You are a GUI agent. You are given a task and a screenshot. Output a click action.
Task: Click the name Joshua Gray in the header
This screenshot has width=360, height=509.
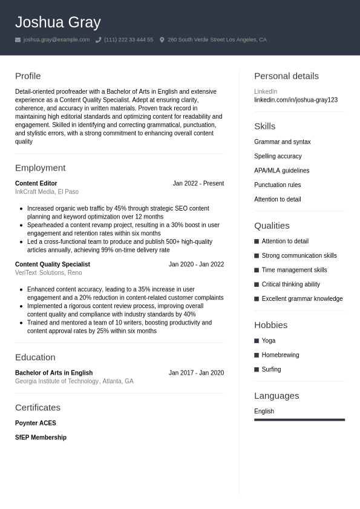(x=57, y=22)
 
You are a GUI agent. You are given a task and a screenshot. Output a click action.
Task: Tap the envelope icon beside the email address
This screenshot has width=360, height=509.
(x=18, y=40)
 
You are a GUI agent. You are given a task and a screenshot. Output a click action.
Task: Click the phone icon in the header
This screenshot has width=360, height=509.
(x=98, y=40)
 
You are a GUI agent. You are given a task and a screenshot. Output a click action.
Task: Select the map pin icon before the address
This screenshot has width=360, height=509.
(x=162, y=40)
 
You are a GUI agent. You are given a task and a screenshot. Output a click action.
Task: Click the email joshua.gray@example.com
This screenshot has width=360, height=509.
(x=56, y=40)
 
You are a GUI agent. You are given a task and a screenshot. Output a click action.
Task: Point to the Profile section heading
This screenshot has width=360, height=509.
(x=28, y=76)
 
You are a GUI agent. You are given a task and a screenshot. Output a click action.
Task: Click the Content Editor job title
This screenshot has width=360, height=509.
(x=36, y=183)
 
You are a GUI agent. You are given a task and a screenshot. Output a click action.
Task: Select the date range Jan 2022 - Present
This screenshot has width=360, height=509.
(x=198, y=183)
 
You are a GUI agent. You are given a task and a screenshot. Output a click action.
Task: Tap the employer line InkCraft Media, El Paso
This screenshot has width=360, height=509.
(x=47, y=192)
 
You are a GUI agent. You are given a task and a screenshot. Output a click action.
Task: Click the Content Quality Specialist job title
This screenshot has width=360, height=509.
(x=53, y=264)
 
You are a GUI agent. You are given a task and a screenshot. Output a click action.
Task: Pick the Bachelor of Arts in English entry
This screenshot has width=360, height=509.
(x=54, y=373)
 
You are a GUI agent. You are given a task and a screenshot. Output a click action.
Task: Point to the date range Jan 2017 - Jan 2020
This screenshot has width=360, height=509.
(x=196, y=373)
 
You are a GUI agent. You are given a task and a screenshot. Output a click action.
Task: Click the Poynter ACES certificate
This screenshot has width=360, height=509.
(x=36, y=423)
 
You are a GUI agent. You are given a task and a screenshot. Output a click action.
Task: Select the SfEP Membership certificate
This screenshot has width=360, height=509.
(x=41, y=438)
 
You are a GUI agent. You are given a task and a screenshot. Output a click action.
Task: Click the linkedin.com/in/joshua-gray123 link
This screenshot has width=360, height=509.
(x=296, y=100)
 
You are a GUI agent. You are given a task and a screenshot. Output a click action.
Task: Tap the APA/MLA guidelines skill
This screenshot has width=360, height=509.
(x=281, y=171)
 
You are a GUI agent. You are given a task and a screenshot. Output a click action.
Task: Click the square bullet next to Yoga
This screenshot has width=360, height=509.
(x=257, y=341)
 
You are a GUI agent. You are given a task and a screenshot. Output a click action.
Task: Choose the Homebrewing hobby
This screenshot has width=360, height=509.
(x=280, y=355)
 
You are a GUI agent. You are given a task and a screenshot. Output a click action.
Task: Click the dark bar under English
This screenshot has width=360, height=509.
(x=299, y=419)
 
